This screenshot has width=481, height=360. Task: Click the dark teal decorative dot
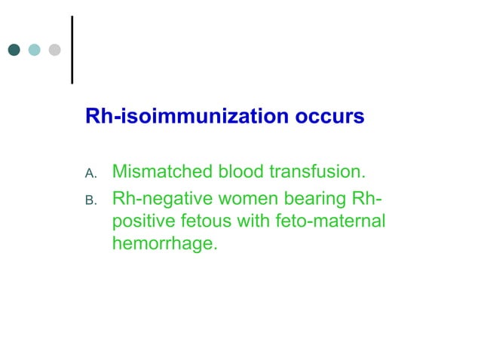click(14, 50)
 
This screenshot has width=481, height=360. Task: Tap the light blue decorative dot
click(34, 50)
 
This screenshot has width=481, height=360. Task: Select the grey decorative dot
click(54, 50)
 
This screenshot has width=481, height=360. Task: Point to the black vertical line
click(72, 49)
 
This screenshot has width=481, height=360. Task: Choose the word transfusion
click(316, 172)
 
